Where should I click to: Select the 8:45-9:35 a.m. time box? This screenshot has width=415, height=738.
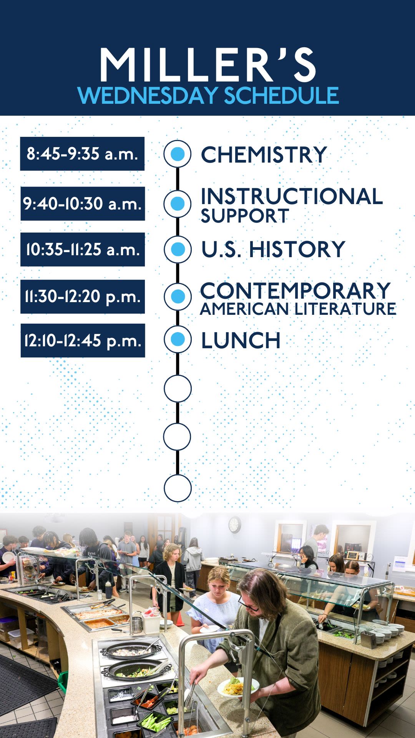(82, 154)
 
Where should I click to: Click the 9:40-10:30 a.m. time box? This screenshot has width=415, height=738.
(83, 204)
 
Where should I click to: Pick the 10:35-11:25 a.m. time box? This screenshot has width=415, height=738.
(83, 249)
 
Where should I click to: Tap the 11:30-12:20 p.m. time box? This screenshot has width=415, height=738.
(83, 297)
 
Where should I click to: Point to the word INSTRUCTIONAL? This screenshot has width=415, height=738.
(292, 196)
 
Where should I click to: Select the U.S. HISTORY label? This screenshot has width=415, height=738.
(273, 249)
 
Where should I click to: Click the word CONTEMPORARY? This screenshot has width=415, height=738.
(295, 291)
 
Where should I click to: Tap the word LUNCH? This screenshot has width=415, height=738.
(241, 341)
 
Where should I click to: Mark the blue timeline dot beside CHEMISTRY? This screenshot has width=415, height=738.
(177, 154)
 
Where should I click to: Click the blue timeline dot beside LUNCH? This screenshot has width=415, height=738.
(178, 339)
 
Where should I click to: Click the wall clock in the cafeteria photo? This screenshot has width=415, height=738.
(235, 525)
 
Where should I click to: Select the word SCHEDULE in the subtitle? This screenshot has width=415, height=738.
(281, 95)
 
